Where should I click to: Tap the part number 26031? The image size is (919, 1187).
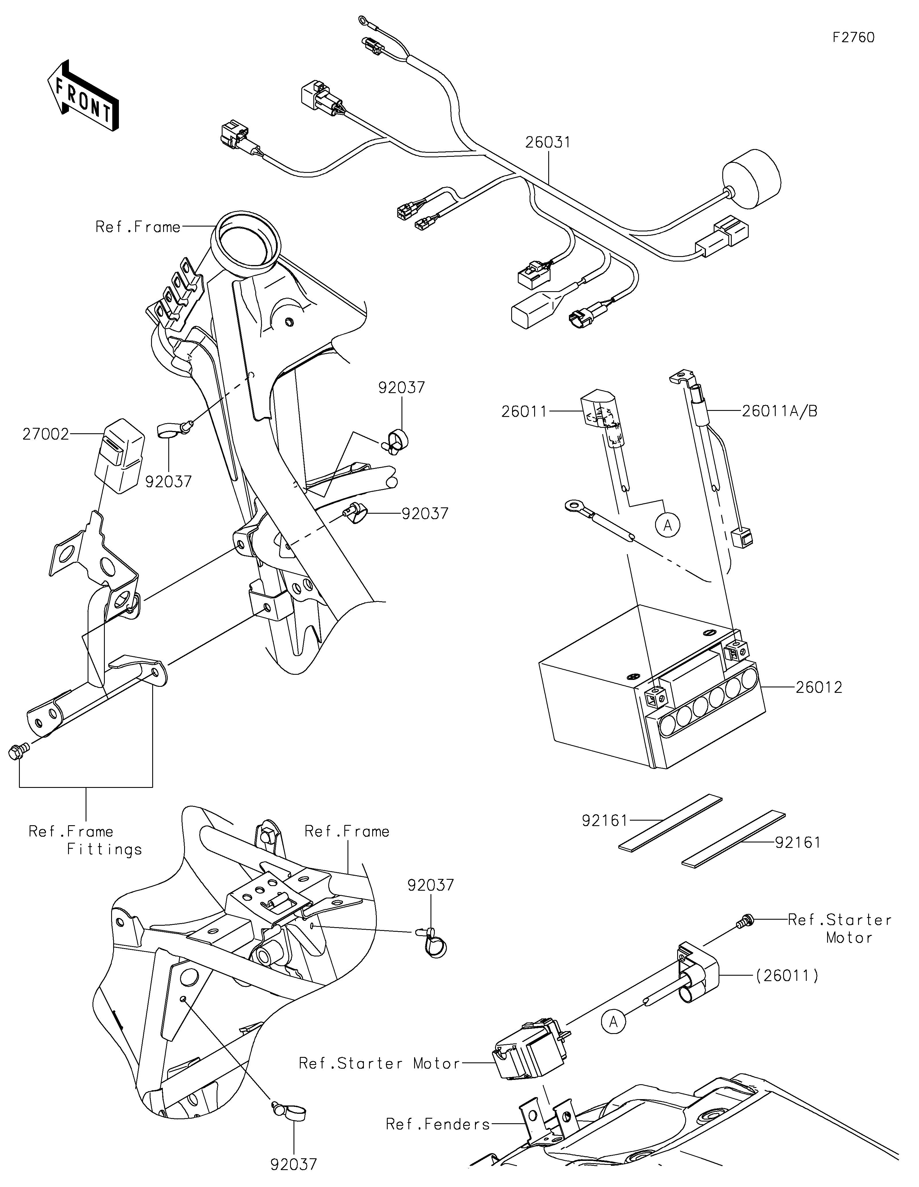coord(548,142)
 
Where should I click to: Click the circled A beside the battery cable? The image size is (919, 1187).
coord(668,525)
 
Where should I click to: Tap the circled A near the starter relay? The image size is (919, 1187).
coord(613,1022)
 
